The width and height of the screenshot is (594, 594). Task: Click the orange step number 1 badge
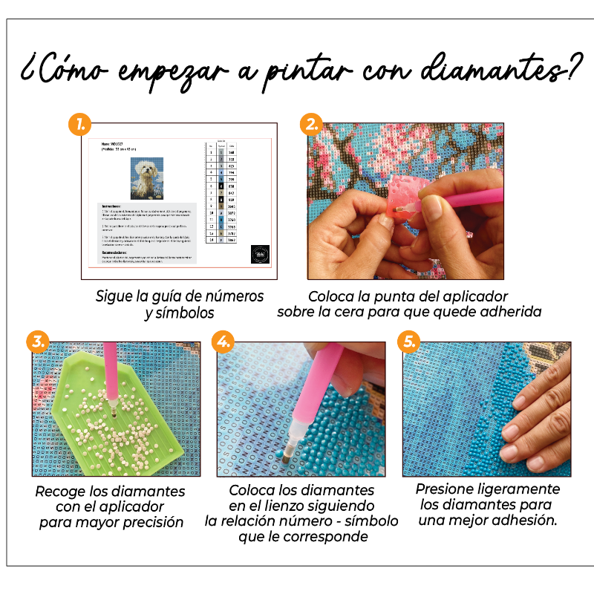coord(79,123)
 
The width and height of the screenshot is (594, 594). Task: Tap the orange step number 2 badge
coord(310,123)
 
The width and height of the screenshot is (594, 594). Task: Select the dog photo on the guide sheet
coord(147,179)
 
